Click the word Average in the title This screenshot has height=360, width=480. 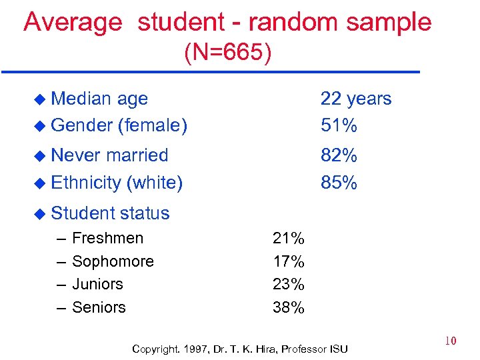point(73,22)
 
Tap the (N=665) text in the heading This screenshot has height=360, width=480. point(228,53)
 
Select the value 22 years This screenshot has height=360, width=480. point(356,99)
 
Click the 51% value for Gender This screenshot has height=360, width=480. point(339,125)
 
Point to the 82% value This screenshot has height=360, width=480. point(339,155)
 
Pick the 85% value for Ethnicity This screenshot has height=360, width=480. point(339,182)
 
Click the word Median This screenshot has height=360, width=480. point(81,99)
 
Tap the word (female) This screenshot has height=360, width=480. point(152,125)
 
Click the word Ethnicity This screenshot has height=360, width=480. point(85,182)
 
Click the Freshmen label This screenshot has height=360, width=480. point(107,238)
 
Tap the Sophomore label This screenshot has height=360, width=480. point(113,261)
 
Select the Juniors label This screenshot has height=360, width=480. point(97,284)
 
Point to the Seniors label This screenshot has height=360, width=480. point(99,307)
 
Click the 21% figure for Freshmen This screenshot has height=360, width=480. point(289,238)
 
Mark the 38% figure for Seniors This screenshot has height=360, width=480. point(289,307)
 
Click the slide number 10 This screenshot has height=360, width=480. point(451,341)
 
